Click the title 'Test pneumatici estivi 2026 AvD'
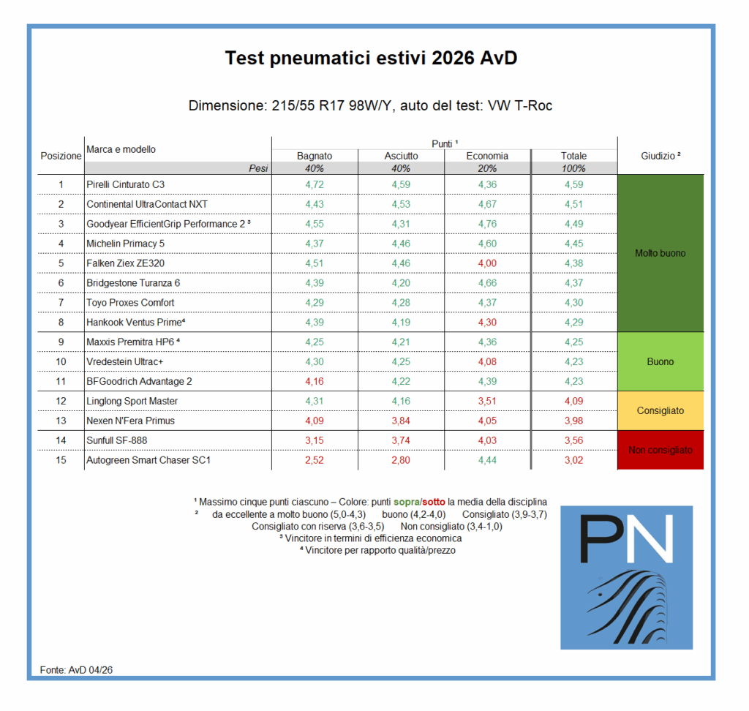(371, 59)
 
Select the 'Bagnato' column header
(315, 156)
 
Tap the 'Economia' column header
(487, 156)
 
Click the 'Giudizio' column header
(660, 155)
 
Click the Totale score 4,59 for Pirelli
(574, 184)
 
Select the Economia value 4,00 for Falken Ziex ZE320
(487, 263)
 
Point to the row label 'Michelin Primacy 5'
(126, 244)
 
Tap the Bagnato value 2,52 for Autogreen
(315, 461)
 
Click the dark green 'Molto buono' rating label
(660, 253)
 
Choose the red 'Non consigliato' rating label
(660, 451)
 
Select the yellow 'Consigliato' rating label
(660, 411)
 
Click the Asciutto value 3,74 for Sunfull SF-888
(402, 441)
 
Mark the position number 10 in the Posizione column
(61, 362)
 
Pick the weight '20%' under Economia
(487, 168)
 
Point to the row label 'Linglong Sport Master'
(132, 402)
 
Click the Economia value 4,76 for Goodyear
(487, 224)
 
